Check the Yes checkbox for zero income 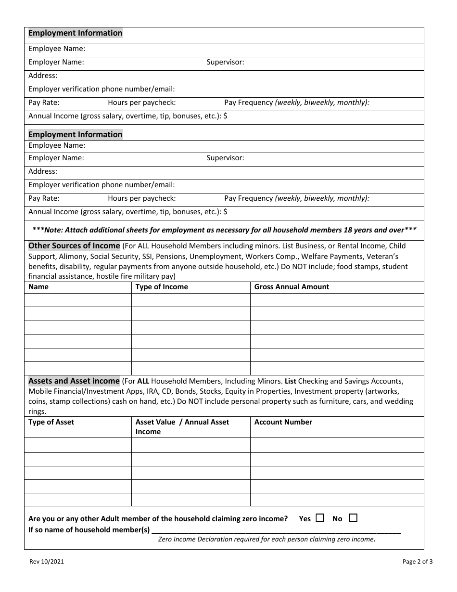(x=320, y=518)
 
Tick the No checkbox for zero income (x=353, y=518)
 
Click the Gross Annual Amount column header (x=292, y=287)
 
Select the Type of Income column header (x=162, y=287)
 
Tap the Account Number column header (x=283, y=422)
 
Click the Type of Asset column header (x=51, y=422)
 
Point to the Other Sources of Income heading (x=74, y=245)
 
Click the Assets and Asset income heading (x=74, y=381)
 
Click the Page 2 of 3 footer (x=418, y=561)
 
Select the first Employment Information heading (x=76, y=33)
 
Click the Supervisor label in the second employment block (x=225, y=158)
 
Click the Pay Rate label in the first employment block (x=44, y=103)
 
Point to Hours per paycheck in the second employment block (x=141, y=198)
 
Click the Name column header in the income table (x=38, y=287)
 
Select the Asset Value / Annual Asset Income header (x=182, y=427)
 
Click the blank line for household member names (x=276, y=530)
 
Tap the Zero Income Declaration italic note (x=267, y=540)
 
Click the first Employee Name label (x=57, y=49)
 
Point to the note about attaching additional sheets (x=224, y=230)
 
